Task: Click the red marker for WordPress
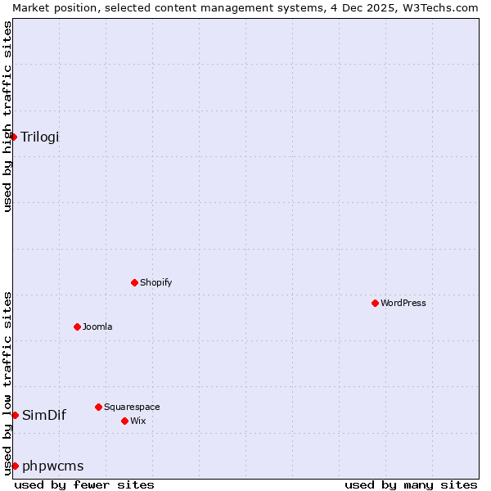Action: [375, 303]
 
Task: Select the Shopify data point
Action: [134, 282]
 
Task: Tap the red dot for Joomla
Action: [77, 327]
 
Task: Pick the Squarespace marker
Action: [98, 407]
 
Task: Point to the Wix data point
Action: [124, 421]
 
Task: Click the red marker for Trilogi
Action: [14, 137]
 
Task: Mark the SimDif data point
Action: [15, 415]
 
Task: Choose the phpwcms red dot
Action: [15, 466]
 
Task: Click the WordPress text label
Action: [403, 303]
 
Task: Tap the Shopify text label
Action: [155, 282]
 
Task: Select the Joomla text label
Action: [97, 327]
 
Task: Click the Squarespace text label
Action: [132, 407]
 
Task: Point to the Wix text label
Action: [137, 421]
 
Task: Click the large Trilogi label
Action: [40, 137]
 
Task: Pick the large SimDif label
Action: [44, 415]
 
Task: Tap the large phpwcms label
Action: [53, 466]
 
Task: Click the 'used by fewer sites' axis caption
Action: [84, 484]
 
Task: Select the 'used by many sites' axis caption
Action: [411, 484]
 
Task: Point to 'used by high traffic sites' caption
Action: [7, 116]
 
